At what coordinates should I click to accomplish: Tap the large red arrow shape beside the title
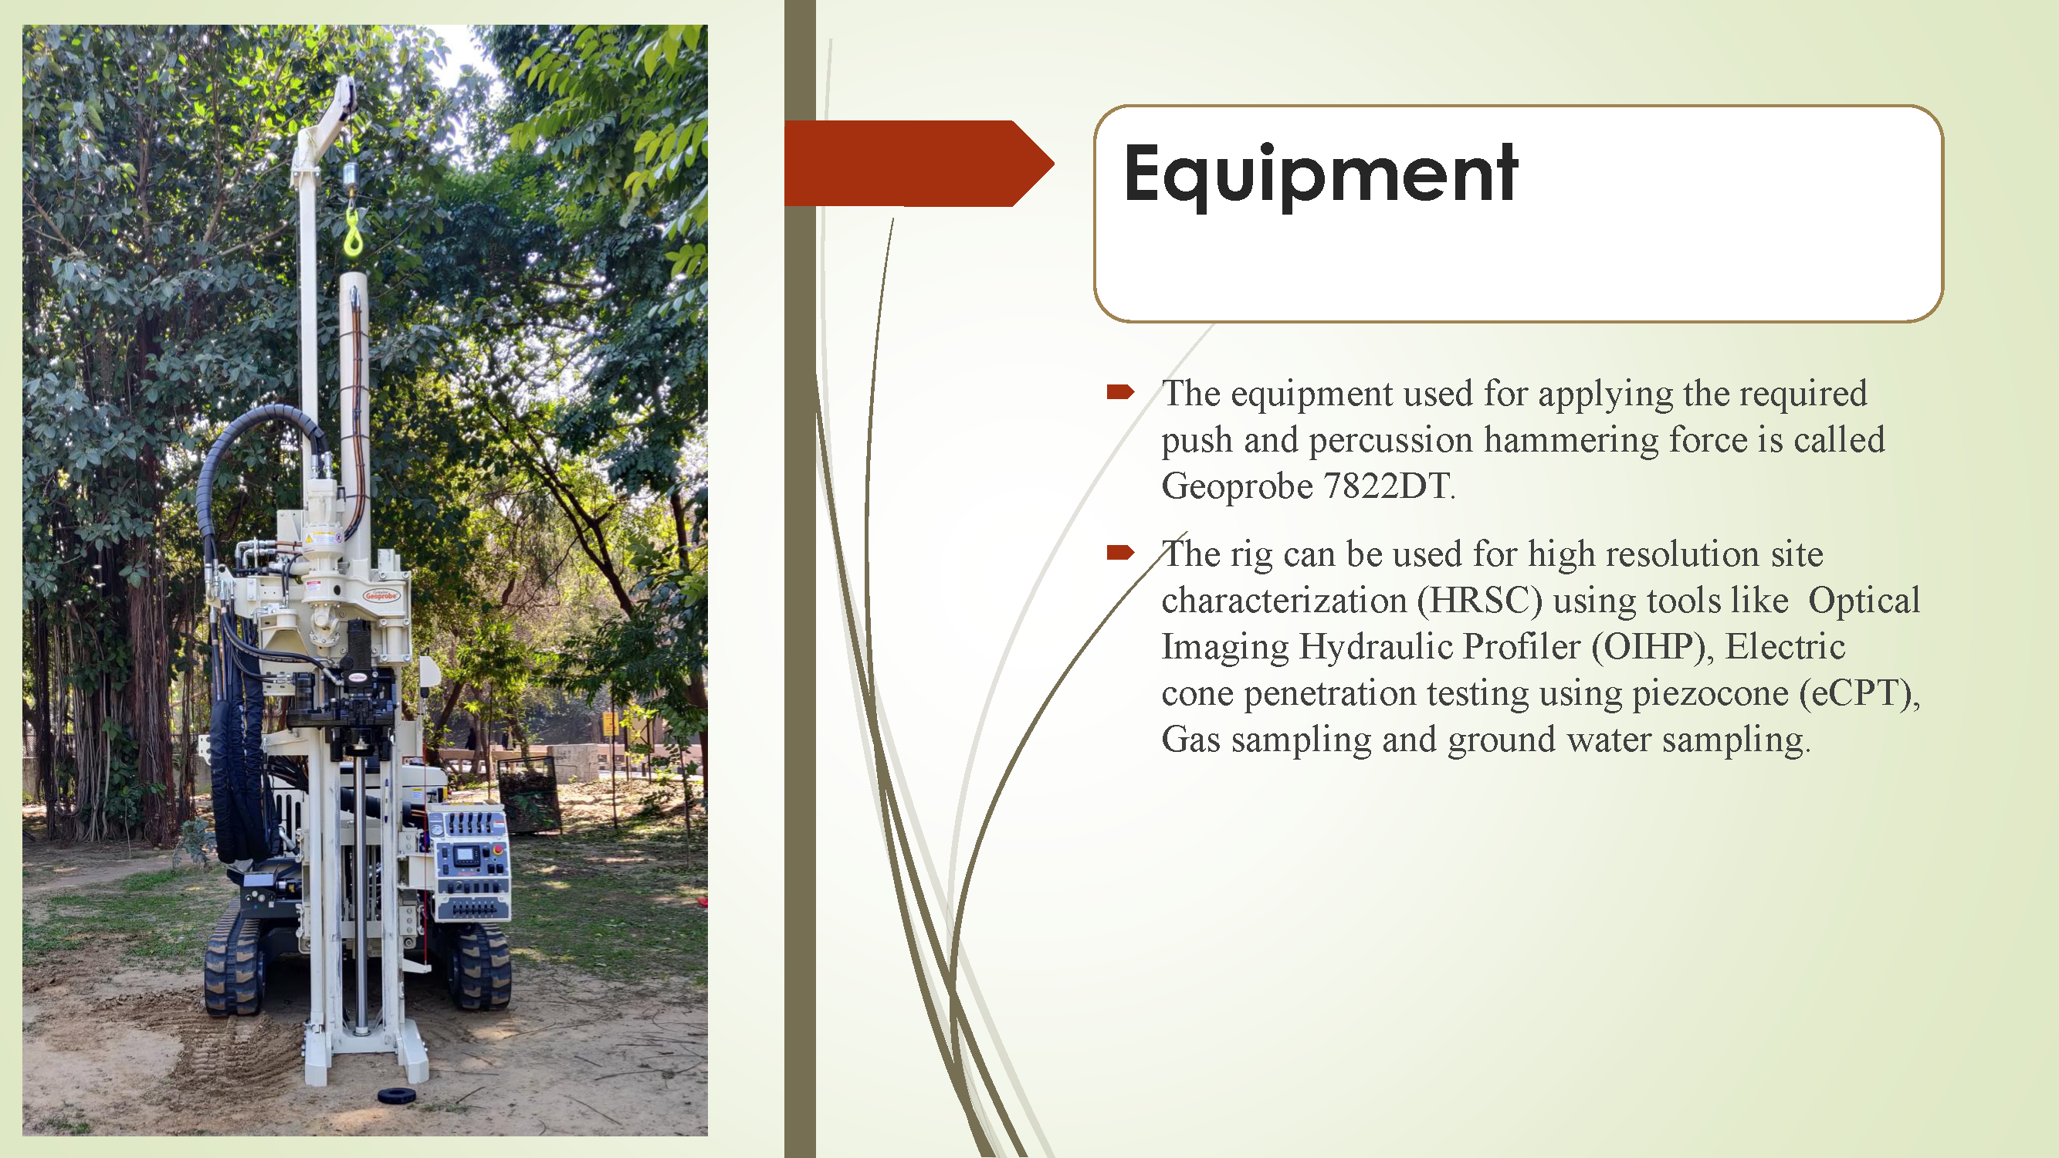pos(919,163)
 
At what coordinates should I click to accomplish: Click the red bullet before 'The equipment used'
pos(1119,391)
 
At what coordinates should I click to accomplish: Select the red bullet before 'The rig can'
pos(1119,552)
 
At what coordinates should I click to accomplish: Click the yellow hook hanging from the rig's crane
pos(353,232)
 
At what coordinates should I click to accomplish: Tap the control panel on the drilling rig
pos(469,863)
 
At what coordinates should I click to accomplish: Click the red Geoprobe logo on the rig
pos(381,595)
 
